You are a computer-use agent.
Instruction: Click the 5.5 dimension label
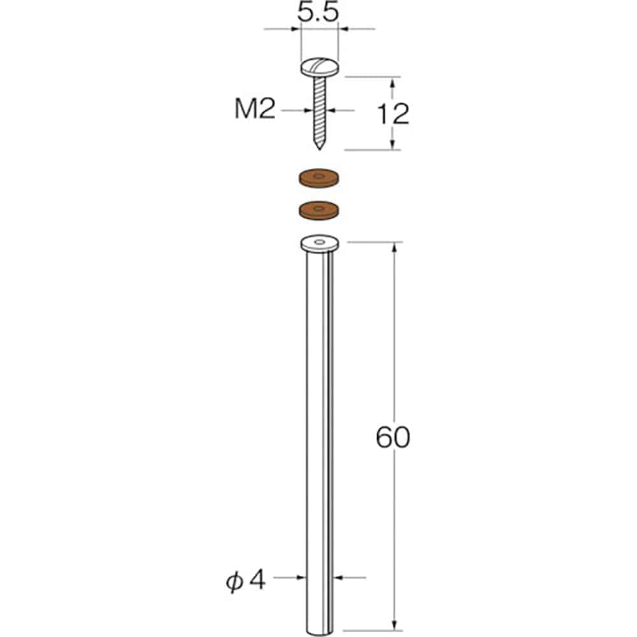click(318, 12)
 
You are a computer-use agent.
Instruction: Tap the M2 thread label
click(255, 110)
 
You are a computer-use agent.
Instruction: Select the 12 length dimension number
click(392, 114)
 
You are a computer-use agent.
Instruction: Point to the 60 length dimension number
click(393, 438)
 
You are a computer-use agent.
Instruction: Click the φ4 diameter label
click(246, 580)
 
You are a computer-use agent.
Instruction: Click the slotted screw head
click(319, 68)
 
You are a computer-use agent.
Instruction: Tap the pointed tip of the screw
click(319, 148)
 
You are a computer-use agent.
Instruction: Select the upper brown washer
click(319, 178)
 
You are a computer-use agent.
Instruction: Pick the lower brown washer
click(319, 210)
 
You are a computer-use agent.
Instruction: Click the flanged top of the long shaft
click(319, 243)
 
